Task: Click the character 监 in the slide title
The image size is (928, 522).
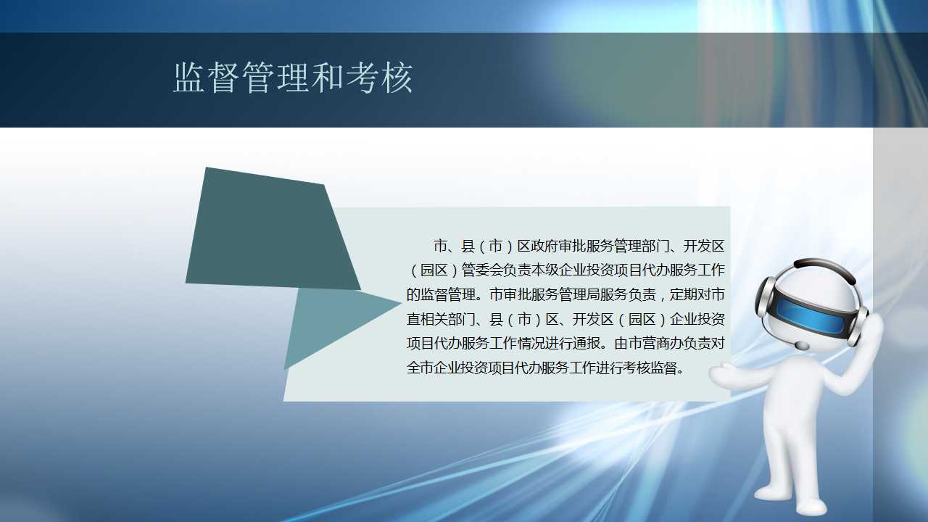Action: point(189,78)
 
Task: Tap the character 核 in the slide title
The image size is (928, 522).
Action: point(397,78)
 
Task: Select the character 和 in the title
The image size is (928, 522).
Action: point(328,78)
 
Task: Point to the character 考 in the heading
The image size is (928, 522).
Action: point(362,78)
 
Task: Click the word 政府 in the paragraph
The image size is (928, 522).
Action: point(544,246)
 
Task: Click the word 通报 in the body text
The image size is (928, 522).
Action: point(586,343)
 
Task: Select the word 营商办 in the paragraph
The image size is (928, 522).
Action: point(662,343)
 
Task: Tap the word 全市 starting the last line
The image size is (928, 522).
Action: point(420,368)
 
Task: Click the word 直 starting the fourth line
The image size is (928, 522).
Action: point(413,319)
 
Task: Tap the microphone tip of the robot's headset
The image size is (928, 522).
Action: point(802,345)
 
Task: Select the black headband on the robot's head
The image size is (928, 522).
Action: point(824,268)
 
